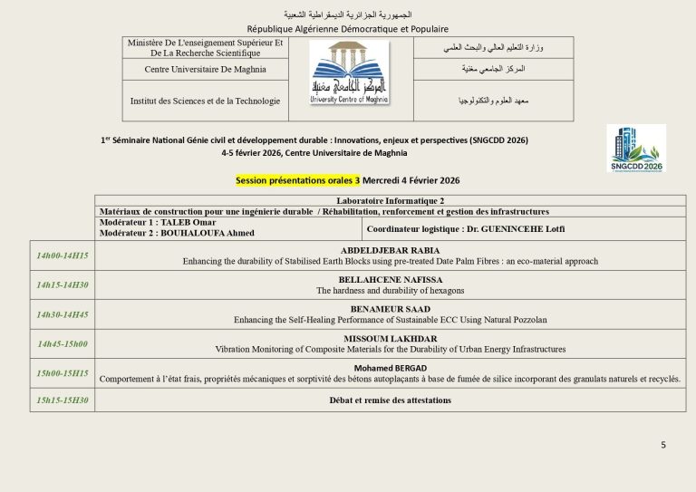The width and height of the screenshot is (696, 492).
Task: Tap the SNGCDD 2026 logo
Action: pyautogui.click(x=635, y=149)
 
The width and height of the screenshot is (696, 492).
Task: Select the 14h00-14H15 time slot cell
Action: pyautogui.click(x=63, y=256)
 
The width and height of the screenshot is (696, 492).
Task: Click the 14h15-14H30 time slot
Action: pyautogui.click(x=63, y=285)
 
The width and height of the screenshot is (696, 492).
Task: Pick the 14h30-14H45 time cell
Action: pyautogui.click(x=63, y=314)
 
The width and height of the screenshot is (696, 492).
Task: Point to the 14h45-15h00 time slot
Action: pyautogui.click(x=63, y=343)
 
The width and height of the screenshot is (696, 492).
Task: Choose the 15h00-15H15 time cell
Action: pyautogui.click(x=63, y=372)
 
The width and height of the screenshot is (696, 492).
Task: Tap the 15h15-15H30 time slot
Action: pyautogui.click(x=63, y=400)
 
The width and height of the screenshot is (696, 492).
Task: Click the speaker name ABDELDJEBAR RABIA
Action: pyautogui.click(x=390, y=250)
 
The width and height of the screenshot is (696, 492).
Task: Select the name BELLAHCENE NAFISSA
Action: pyautogui.click(x=390, y=280)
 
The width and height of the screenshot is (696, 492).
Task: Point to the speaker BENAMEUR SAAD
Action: pyautogui.click(x=390, y=309)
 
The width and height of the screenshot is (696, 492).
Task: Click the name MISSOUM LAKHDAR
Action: pyautogui.click(x=390, y=338)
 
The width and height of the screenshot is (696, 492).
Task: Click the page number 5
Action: pyautogui.click(x=662, y=444)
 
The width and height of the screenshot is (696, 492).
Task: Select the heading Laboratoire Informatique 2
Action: pyautogui.click(x=390, y=200)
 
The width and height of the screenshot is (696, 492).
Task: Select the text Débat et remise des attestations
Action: pyautogui.click(x=390, y=400)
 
